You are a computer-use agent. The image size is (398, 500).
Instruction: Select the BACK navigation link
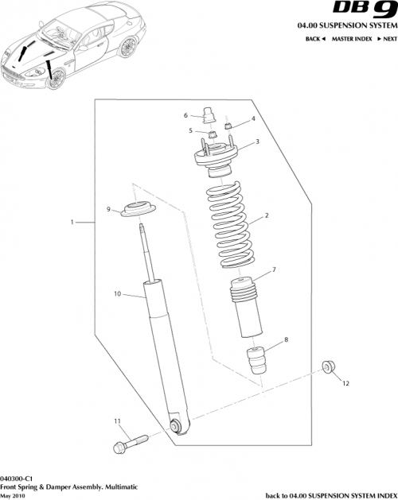[x=314, y=38]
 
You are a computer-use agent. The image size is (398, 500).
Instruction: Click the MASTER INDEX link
[x=351, y=38]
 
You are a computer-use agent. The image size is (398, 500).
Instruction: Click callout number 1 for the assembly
[x=72, y=223]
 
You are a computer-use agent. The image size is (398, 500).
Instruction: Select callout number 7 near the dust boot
[x=274, y=270]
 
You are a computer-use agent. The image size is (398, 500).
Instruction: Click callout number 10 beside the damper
[x=116, y=294]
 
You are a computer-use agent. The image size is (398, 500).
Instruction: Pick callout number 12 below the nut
[x=345, y=383]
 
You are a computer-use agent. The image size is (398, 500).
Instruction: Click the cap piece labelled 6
[x=211, y=116]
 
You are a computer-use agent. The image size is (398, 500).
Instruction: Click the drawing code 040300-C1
[x=17, y=474]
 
